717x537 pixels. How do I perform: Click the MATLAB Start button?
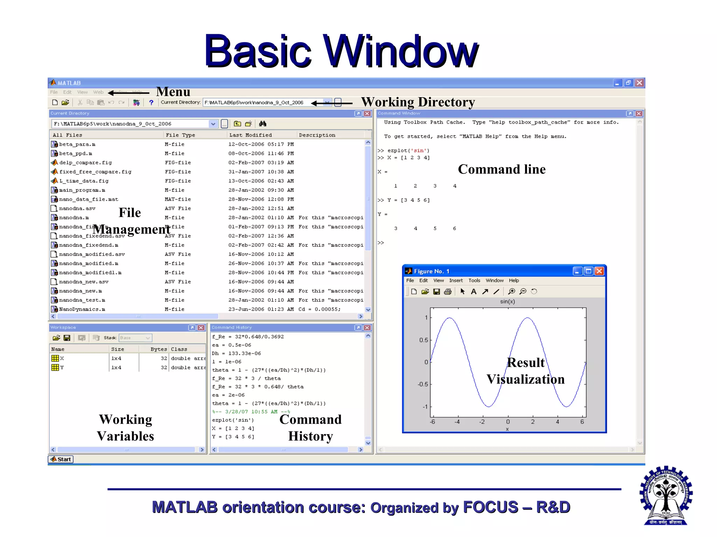61,459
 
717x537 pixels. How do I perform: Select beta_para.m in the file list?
77,144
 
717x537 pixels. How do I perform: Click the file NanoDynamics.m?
82,309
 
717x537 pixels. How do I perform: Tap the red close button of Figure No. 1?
599,271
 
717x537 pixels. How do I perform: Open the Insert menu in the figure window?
455,280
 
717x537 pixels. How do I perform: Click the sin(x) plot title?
507,301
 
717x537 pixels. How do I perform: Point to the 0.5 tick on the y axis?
424,340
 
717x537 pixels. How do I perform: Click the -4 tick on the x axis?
457,422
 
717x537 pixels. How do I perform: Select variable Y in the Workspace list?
62,367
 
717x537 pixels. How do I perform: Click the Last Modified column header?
250,135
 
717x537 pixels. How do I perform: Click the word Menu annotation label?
173,92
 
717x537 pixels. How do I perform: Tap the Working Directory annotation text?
418,102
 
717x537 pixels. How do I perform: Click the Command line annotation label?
501,169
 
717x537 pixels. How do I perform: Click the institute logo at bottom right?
666,495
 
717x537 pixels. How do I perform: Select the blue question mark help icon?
151,102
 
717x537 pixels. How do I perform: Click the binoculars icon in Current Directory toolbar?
263,124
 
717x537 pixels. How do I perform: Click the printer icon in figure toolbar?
447,292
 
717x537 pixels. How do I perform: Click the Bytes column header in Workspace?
159,349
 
